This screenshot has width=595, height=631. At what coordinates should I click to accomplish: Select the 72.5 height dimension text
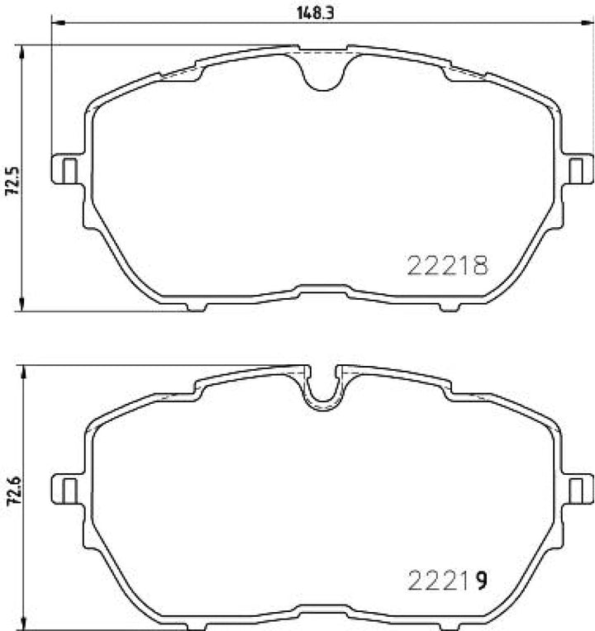[12, 179]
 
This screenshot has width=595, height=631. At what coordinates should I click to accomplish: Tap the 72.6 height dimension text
[12, 493]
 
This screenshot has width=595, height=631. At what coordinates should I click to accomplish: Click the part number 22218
[448, 263]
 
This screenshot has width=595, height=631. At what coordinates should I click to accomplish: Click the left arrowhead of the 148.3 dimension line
[56, 23]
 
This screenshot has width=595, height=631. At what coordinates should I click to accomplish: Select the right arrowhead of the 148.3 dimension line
[588, 23]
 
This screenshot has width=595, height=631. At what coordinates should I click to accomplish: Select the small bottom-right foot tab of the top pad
[450, 307]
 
